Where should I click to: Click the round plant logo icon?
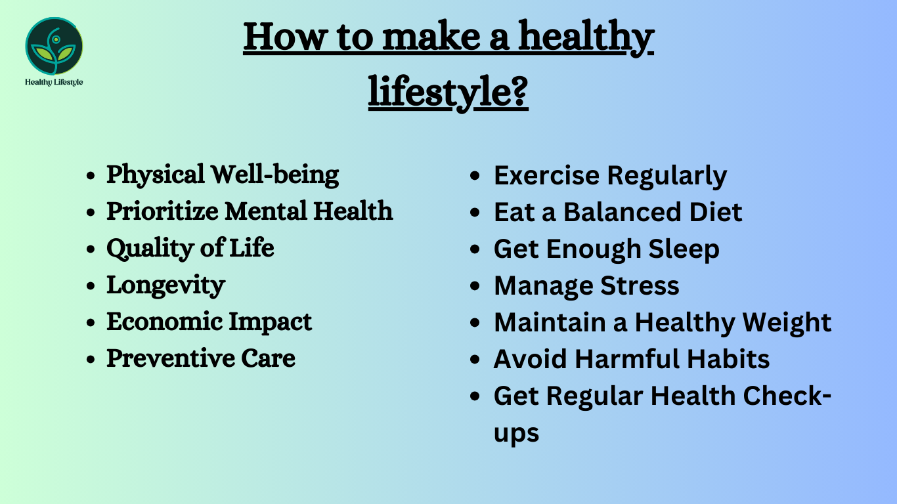(x=54, y=46)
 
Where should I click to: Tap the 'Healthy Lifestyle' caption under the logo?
(x=54, y=82)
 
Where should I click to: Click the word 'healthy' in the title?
(x=586, y=38)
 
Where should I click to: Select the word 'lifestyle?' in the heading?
(x=448, y=92)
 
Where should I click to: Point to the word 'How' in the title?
(x=284, y=37)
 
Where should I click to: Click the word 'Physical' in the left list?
(x=156, y=175)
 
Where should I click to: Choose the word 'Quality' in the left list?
(x=150, y=249)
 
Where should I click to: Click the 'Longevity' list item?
(x=165, y=285)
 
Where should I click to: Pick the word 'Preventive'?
(x=170, y=358)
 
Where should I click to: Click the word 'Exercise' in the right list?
(x=546, y=175)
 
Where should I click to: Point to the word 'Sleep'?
(x=684, y=249)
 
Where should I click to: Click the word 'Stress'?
(x=640, y=285)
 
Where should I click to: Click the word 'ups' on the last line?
(x=517, y=434)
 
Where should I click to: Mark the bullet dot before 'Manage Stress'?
(x=475, y=286)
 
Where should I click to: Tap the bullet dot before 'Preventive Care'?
(x=91, y=359)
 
